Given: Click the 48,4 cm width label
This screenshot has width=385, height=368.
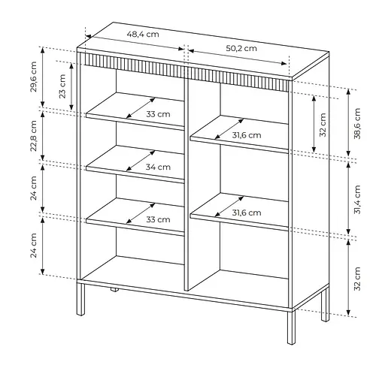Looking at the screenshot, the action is coord(143,34).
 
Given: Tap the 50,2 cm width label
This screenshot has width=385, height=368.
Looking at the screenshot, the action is coord(241,48).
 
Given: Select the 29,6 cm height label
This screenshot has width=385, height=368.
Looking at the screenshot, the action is coord(34,77).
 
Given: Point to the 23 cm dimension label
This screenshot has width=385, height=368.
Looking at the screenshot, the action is coord(62,86).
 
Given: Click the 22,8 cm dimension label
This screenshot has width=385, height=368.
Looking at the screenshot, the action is coord(34,136).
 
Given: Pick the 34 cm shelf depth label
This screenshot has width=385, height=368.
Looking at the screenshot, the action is coord(158,167).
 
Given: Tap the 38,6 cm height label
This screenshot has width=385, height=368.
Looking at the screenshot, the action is coord(357,123).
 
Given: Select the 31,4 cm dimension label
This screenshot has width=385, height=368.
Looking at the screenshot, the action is coord(357,200).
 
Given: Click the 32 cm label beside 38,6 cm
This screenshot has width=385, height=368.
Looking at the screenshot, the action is coord(323,125).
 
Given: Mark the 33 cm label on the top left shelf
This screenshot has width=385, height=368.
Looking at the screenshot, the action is coord(158,114).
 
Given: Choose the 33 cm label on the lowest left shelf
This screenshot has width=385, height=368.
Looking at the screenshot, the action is coord(158,219).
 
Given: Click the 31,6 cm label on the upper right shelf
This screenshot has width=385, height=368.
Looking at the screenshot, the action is coord(247,135).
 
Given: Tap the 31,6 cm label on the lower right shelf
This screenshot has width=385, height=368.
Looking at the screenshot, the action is coord(247,213).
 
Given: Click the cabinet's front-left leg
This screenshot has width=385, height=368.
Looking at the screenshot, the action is coord(80,299).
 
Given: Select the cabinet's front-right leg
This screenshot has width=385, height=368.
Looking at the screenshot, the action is coord(291,327).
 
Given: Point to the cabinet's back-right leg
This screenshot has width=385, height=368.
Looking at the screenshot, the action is coord(325,304).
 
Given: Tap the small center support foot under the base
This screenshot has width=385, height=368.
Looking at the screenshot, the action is coord(114,290).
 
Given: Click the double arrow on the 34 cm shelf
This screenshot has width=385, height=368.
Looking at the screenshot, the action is coord(141,161).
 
